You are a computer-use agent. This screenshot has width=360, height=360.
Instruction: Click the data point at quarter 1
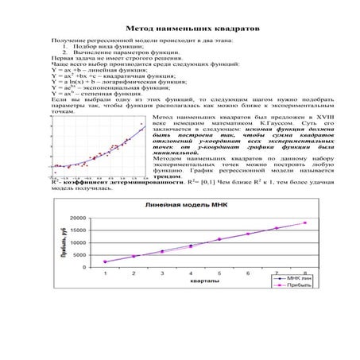(105, 261)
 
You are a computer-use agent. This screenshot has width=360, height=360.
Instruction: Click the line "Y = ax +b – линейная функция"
(96, 72)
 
